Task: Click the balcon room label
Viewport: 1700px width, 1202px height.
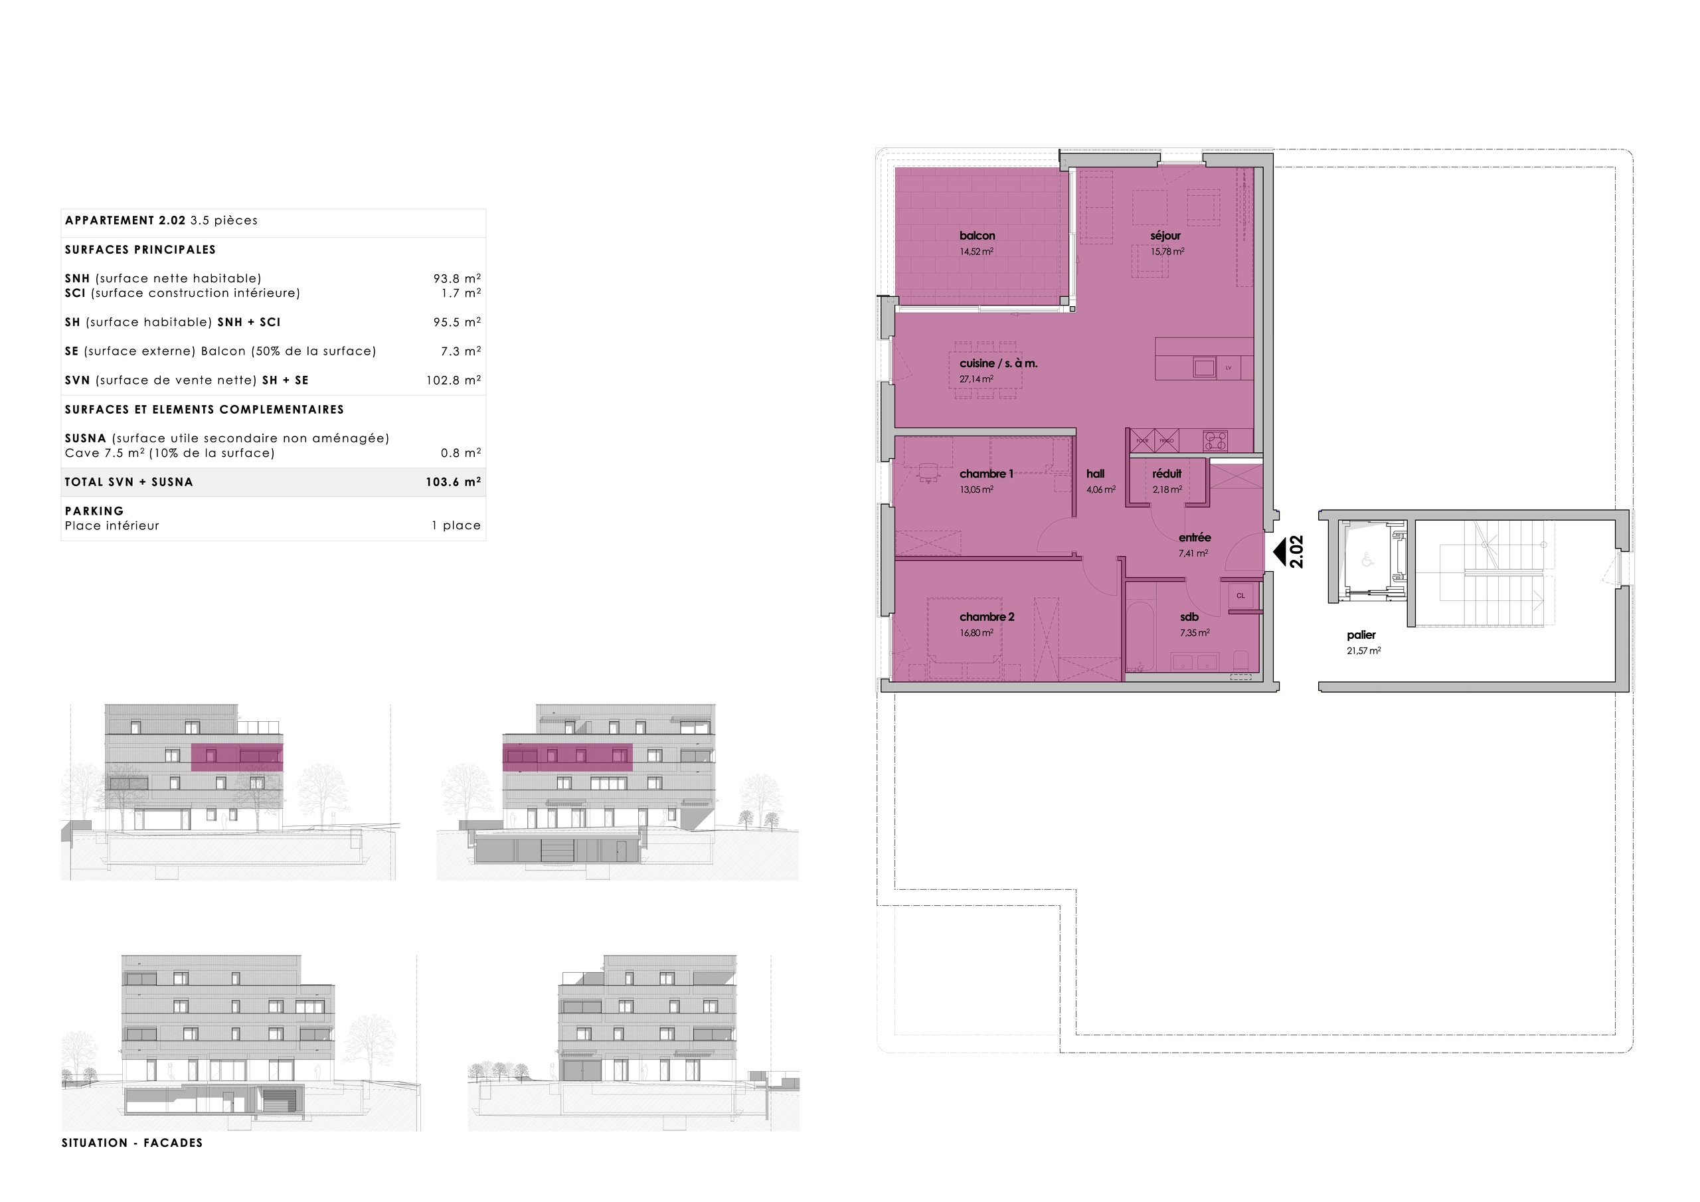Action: [x=977, y=236]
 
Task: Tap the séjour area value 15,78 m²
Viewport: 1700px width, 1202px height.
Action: [x=1167, y=252]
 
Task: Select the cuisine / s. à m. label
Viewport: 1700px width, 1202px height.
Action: [x=998, y=364]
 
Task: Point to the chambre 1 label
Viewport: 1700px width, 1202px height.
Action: [x=986, y=474]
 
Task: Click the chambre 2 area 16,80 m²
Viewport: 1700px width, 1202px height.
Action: [x=976, y=634]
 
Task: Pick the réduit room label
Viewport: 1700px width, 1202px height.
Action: [x=1167, y=474]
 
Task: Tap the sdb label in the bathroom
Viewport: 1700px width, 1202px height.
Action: [x=1189, y=617]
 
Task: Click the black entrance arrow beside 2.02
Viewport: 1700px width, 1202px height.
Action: [x=1279, y=552]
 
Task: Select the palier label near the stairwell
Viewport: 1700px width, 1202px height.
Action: [x=1361, y=636]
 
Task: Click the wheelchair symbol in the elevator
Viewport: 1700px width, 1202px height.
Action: [x=1367, y=560]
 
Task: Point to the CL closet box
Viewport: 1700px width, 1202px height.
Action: [x=1241, y=596]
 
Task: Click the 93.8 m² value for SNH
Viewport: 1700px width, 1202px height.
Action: [x=457, y=278]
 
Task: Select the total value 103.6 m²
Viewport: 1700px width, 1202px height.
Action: [x=453, y=482]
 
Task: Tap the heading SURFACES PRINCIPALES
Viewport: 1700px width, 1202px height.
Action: [x=140, y=250]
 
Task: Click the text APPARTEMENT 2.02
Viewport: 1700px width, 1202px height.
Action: [x=125, y=220]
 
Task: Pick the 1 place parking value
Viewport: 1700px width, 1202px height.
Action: [x=456, y=526]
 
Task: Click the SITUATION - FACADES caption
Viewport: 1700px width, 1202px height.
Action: [x=131, y=1143]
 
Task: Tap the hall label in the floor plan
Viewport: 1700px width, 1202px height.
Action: [x=1095, y=474]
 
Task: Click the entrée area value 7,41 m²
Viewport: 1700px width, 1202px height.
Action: [x=1193, y=554]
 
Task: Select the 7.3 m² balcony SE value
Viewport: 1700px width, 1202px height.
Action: [x=461, y=351]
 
